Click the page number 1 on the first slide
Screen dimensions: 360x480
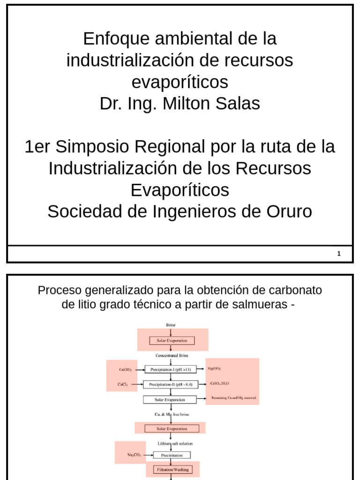338,254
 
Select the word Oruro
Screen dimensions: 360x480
289,211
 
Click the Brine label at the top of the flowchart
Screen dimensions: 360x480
171,325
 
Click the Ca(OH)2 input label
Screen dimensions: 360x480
125,369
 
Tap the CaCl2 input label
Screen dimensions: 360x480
123,384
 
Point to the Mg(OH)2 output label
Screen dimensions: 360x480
214,368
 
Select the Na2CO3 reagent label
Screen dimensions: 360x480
134,455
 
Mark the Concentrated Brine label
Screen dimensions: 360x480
172,355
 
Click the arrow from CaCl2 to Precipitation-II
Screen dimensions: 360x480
136,384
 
